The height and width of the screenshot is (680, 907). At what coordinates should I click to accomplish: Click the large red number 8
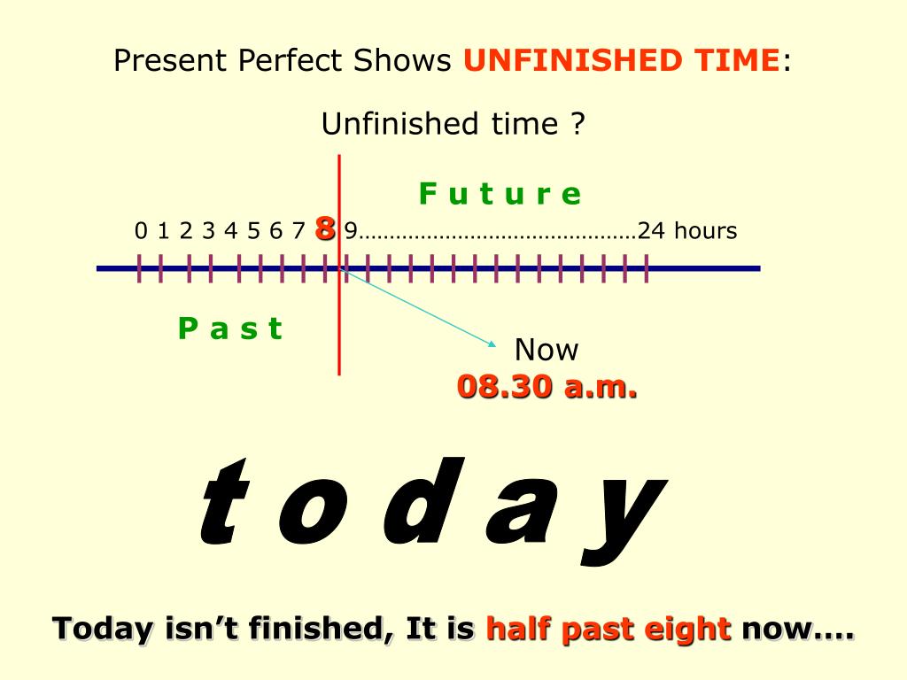click(x=325, y=229)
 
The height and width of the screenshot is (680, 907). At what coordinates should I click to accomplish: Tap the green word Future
click(x=500, y=194)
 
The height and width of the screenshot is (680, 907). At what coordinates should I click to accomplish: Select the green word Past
click(x=230, y=328)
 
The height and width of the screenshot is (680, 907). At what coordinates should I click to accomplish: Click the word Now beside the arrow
click(x=547, y=350)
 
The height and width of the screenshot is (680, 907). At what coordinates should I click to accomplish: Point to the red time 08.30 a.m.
click(x=547, y=387)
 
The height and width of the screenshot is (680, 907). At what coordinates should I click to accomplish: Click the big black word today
click(x=430, y=506)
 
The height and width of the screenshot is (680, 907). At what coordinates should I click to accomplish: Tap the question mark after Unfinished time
click(x=578, y=123)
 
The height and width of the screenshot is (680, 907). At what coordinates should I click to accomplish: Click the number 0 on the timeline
click(x=141, y=232)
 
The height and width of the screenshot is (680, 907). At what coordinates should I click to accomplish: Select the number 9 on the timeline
click(x=351, y=232)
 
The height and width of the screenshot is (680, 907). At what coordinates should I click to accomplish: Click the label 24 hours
click(x=687, y=231)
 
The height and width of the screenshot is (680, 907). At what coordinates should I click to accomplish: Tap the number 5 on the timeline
click(x=253, y=232)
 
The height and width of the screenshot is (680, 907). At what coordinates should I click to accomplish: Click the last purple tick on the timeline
click(x=647, y=267)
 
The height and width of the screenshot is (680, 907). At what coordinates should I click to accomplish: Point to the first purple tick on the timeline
click(x=139, y=267)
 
